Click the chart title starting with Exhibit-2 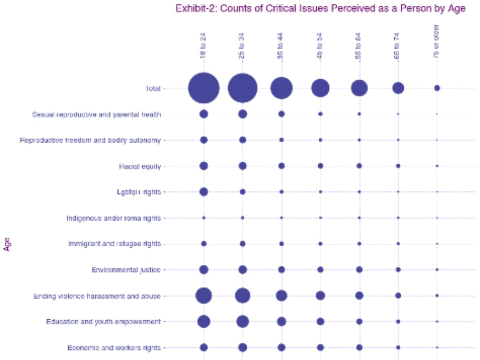[x=320, y=9]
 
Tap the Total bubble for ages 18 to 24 [x=204, y=88]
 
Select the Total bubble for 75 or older [x=437, y=88]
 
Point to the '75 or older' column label [x=436, y=43]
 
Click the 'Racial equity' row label [x=140, y=167]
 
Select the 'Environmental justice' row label [x=126, y=270]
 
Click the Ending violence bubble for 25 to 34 [x=242, y=296]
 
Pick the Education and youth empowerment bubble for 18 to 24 [x=204, y=322]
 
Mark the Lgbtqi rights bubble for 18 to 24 [x=204, y=192]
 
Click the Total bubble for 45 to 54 [x=320, y=88]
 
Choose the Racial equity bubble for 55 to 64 [x=359, y=166]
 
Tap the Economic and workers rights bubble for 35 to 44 [x=281, y=347]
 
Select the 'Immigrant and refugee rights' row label [x=114, y=244]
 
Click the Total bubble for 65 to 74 [x=398, y=88]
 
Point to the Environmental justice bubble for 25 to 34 [x=242, y=270]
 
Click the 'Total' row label [x=153, y=88]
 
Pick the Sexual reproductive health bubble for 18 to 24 [x=204, y=114]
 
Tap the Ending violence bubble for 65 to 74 [x=398, y=296]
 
